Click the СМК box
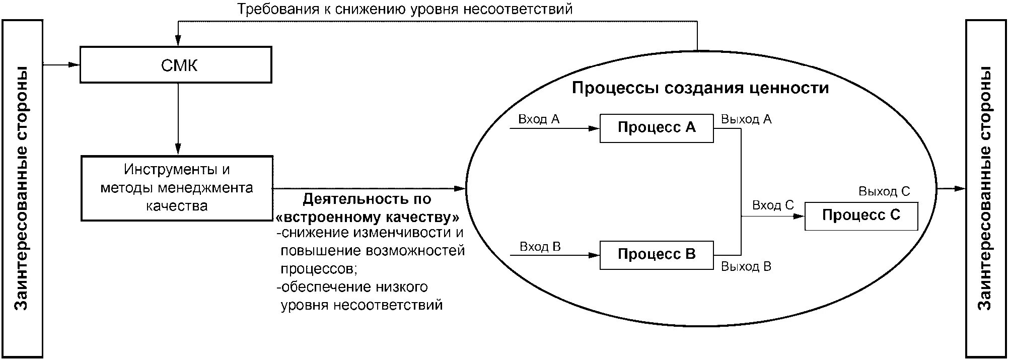tap(176, 64)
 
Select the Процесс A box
tap(656, 128)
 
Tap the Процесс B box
tap(656, 255)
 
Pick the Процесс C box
tap(861, 215)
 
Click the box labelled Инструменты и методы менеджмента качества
tap(177, 188)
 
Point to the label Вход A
tap(539, 119)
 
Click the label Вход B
tap(540, 247)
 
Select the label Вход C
tap(773, 205)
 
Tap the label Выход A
tap(746, 119)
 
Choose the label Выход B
tap(746, 266)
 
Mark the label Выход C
tap(884, 192)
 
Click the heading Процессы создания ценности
tap(700, 88)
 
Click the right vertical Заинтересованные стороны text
tap(985, 188)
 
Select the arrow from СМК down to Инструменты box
tap(177, 118)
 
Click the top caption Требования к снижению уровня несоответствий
tap(405, 9)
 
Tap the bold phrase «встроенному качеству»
tap(368, 218)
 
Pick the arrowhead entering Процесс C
tap(800, 216)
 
